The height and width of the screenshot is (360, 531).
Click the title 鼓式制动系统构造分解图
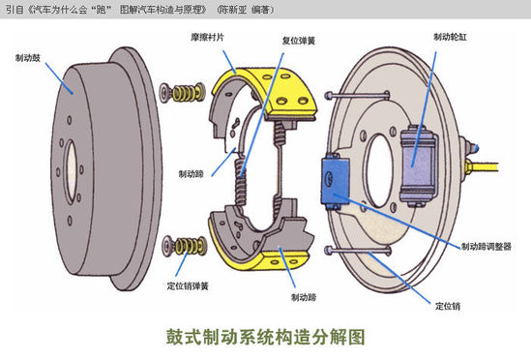(266, 337)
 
